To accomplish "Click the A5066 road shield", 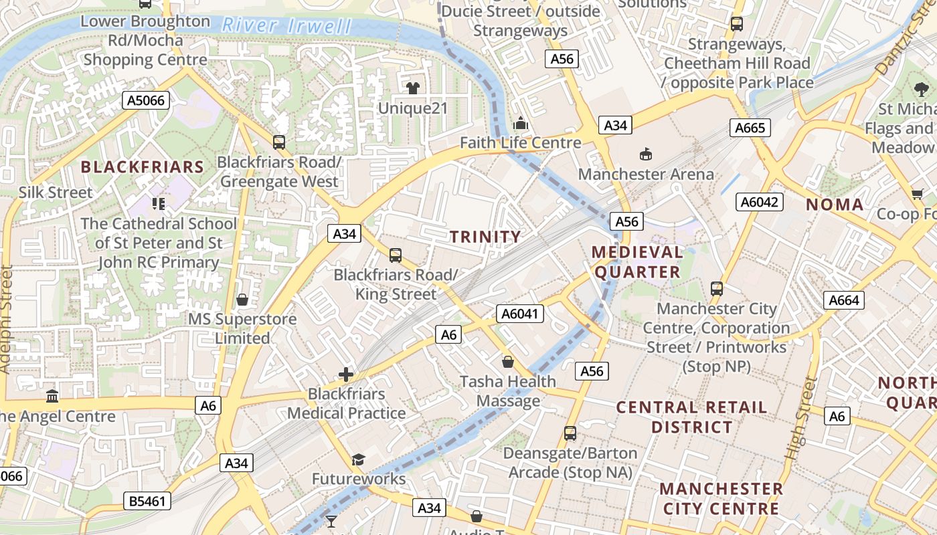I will [146, 100].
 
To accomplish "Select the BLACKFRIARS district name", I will [142, 167].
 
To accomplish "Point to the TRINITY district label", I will [485, 237].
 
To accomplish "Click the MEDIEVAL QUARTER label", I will [638, 262].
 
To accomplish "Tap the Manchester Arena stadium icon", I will [646, 154].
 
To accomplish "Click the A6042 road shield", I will [759, 201].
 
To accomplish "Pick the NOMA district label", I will [835, 205].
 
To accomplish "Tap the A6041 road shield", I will [520, 314].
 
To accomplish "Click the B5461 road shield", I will [147, 501].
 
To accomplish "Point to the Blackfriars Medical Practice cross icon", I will [346, 374].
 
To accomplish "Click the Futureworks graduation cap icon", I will [358, 459].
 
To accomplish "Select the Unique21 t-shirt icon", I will [412, 88].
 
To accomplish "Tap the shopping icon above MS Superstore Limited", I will [242, 300].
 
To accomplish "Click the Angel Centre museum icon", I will [52, 397].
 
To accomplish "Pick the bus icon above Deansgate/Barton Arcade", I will [570, 433].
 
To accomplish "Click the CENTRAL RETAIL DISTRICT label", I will [691, 417].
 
